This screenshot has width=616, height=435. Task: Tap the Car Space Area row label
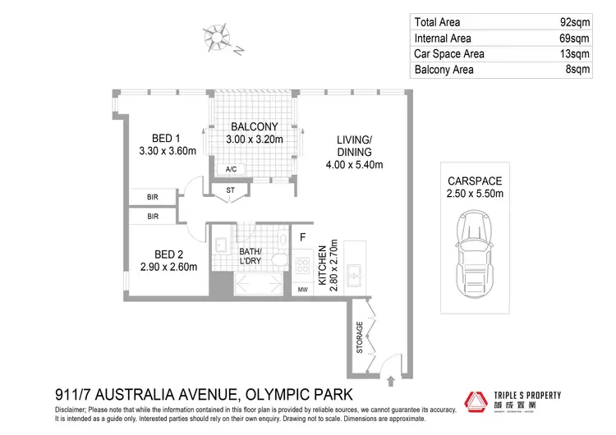[x=449, y=54]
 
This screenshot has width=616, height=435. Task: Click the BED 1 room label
[x=166, y=138]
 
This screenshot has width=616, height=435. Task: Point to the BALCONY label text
[x=254, y=126]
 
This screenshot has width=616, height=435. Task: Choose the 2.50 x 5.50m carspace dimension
[x=475, y=194]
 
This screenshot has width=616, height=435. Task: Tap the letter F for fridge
[x=302, y=239]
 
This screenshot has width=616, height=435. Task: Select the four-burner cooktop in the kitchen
[x=301, y=267]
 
